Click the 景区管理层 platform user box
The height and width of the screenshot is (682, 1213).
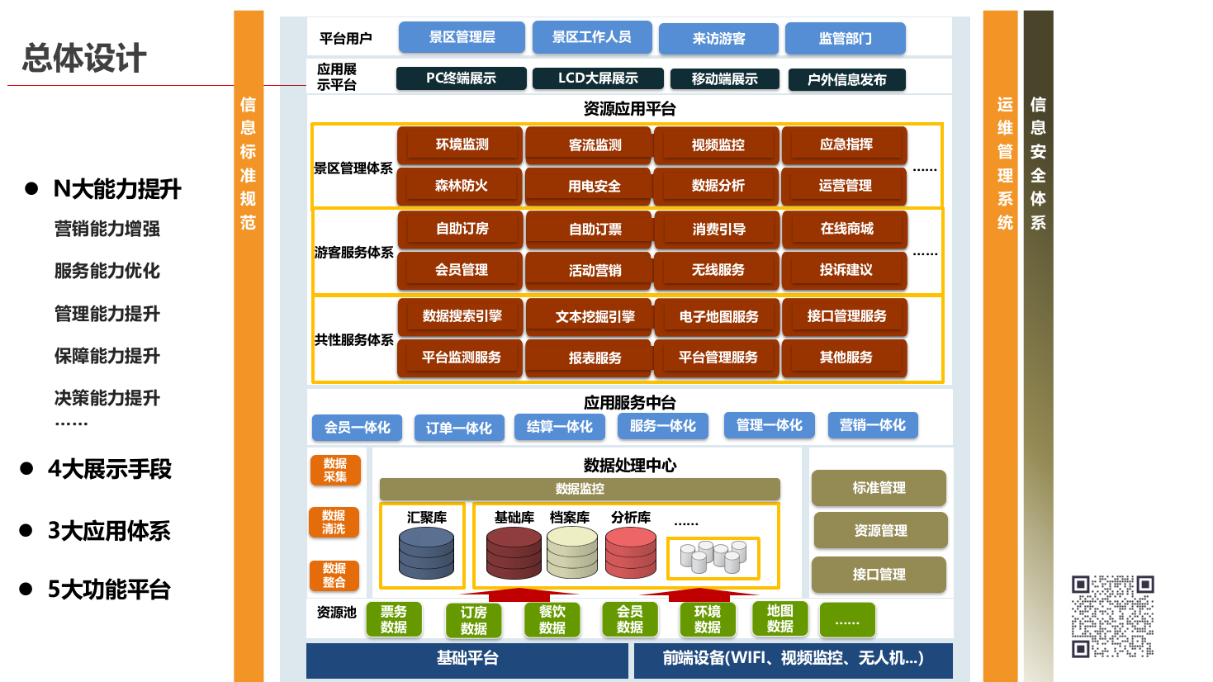click(x=462, y=37)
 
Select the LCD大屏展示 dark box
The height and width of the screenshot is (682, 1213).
click(x=598, y=78)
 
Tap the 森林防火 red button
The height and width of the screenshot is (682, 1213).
click(x=461, y=186)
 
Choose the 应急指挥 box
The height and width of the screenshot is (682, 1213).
click(x=845, y=144)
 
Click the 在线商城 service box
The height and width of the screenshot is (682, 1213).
click(x=846, y=229)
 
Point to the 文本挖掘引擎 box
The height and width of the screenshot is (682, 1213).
click(x=595, y=316)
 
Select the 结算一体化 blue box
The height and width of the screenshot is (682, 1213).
click(x=559, y=426)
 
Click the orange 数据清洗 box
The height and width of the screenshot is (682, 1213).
click(x=334, y=522)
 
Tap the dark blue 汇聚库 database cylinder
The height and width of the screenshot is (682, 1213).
click(x=426, y=553)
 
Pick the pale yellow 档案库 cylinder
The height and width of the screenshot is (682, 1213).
click(x=571, y=553)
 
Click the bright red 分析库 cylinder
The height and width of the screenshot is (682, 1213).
click(x=630, y=553)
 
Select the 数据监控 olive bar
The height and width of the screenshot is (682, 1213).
click(x=580, y=489)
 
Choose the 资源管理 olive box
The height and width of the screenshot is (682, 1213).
click(x=880, y=531)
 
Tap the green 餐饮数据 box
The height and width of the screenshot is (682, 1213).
click(x=552, y=619)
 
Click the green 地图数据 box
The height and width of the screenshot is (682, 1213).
click(x=779, y=618)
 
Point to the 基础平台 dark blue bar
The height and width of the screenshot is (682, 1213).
click(x=467, y=659)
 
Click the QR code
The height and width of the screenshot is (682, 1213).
click(x=1112, y=616)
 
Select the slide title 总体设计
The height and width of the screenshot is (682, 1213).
click(x=84, y=59)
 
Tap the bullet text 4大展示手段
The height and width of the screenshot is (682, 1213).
click(x=109, y=469)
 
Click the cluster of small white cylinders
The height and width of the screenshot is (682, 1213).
click(x=713, y=557)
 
